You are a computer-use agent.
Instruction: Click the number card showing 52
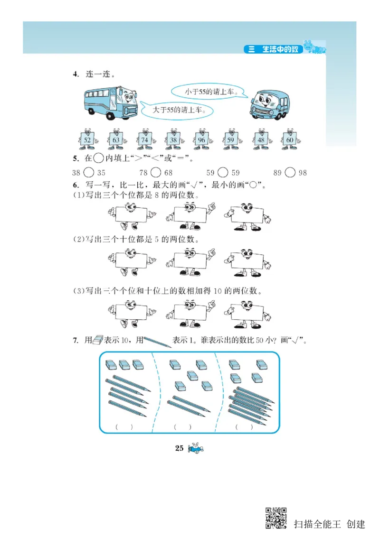coord(87,139)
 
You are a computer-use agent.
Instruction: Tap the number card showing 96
coord(202,139)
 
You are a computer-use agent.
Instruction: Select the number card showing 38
coord(173,139)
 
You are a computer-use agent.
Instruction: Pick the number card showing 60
coord(289,139)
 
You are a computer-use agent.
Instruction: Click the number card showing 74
coord(145,139)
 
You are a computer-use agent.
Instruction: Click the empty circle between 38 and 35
coord(89,173)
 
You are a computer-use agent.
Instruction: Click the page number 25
coord(179,448)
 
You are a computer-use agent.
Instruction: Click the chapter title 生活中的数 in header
coord(280,49)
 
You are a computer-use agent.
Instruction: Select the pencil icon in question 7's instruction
coord(157,341)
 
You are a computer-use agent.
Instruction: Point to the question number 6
coord(75,185)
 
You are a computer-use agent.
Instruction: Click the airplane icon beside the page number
coord(196,449)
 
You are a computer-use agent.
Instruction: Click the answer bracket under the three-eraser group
coord(124,427)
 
